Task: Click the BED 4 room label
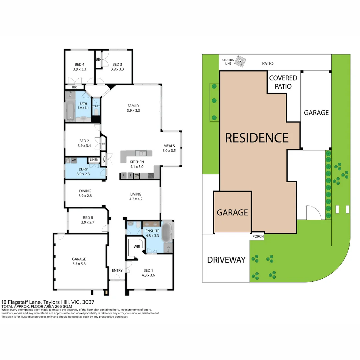79,67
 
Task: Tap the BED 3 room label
117,67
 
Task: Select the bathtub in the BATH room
70,111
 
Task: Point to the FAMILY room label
133,108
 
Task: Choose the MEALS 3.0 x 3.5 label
169,148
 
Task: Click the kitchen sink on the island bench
141,153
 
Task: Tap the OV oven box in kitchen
136,176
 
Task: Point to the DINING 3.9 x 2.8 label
85,193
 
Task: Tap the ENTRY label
117,270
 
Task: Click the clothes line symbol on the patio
240,61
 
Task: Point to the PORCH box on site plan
258,237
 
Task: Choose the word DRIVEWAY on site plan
226,260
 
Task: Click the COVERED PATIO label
283,82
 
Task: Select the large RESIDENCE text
257,138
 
